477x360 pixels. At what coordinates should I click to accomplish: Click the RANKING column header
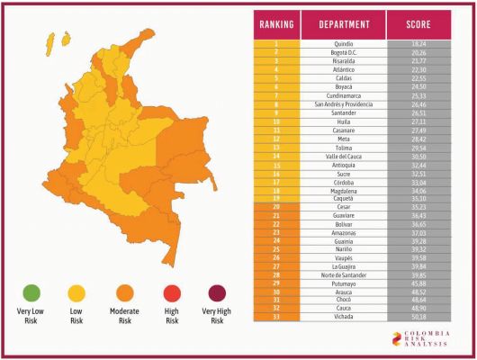tap(275, 24)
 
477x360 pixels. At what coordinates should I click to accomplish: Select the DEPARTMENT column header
tap(343, 24)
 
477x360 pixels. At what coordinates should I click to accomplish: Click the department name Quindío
tap(343, 43)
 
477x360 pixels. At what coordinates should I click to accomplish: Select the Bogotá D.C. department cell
tap(343, 51)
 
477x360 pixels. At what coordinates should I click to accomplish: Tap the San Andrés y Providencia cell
tap(343, 103)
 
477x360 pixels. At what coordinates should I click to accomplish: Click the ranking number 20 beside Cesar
tap(275, 205)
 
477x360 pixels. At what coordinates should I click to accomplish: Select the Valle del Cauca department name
tap(343, 155)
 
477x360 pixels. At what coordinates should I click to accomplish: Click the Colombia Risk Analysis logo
tap(421, 339)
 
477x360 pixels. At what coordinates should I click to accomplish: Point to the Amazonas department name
tap(343, 231)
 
